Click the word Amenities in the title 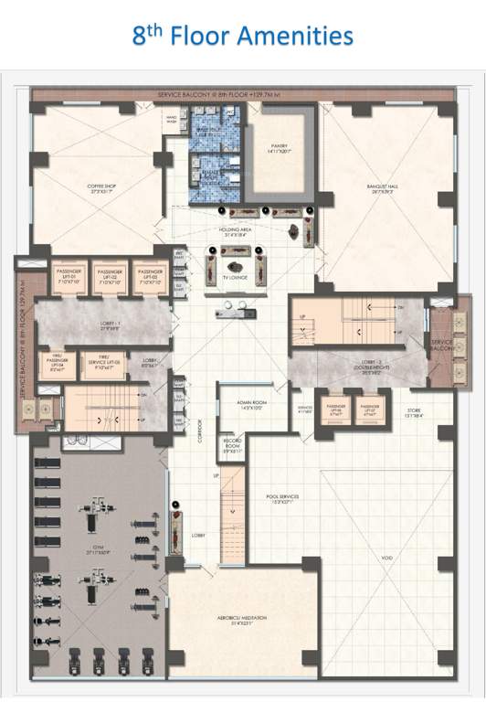(298, 36)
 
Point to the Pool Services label (283, 499)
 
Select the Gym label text (97, 553)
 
